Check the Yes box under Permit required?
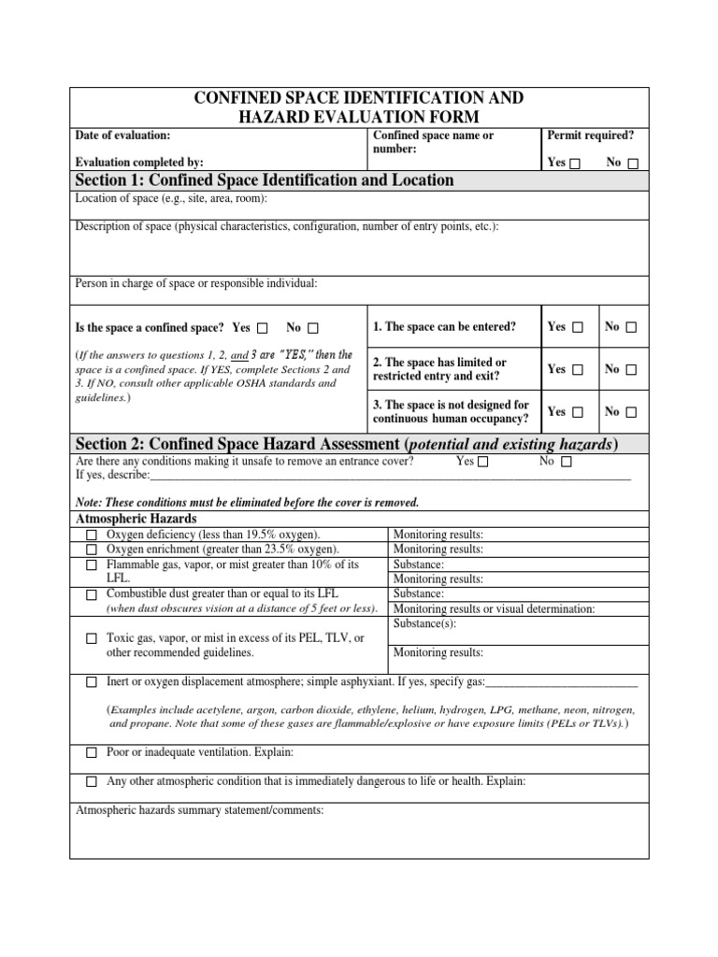(x=575, y=164)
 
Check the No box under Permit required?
(x=633, y=164)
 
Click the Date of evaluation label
(x=122, y=136)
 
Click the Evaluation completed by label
(x=138, y=162)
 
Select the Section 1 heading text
(x=264, y=180)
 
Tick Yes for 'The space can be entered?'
(x=577, y=327)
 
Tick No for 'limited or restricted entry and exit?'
(x=632, y=370)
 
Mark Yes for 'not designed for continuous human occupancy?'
(x=577, y=412)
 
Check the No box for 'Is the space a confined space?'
(x=312, y=328)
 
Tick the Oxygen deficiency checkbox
(x=92, y=536)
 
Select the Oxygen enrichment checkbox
(x=92, y=550)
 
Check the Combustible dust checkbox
(x=92, y=594)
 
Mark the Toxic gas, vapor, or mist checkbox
(x=92, y=639)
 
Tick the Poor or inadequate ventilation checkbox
(x=92, y=752)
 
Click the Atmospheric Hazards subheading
(x=136, y=519)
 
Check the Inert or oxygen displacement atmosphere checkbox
(x=92, y=683)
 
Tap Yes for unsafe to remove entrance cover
(x=482, y=462)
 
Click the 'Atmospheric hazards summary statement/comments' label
(x=199, y=810)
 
